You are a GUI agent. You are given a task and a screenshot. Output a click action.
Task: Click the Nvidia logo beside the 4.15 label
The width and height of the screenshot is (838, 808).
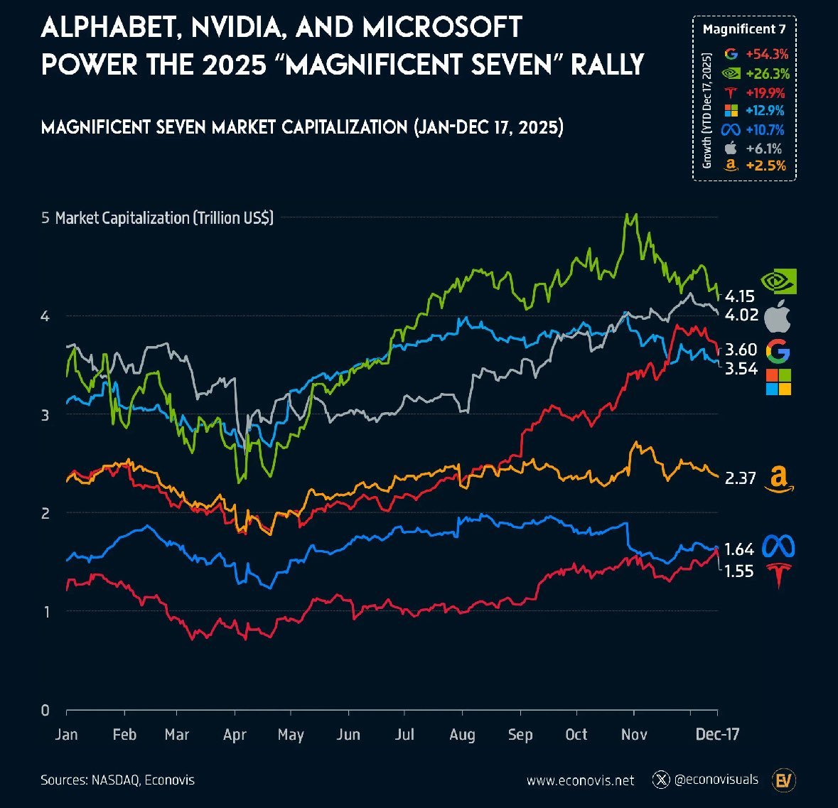[x=778, y=281]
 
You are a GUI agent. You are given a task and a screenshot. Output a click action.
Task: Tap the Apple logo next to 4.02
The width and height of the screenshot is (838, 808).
[x=778, y=316]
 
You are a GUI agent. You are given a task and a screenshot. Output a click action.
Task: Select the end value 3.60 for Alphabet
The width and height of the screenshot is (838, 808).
[x=741, y=350]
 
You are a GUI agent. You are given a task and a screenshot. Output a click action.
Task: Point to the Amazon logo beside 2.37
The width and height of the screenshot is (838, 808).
[x=778, y=480]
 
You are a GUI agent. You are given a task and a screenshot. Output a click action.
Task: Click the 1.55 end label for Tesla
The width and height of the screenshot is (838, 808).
[x=739, y=571]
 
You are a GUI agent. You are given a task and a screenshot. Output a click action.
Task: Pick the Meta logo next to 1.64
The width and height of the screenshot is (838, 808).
[x=778, y=547]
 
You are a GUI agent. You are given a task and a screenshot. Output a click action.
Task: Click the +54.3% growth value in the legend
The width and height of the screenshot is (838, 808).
[x=767, y=54]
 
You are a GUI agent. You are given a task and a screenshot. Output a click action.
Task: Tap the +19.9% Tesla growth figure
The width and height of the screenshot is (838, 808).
[x=766, y=92]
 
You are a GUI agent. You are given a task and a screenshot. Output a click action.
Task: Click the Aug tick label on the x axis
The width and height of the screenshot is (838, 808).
[x=462, y=734]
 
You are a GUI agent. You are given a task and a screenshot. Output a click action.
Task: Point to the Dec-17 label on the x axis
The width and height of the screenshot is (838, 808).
[x=718, y=734]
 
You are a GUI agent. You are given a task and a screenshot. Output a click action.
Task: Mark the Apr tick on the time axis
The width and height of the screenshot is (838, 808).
[x=235, y=734]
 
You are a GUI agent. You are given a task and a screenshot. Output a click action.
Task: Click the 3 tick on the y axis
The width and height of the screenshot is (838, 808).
[x=45, y=414]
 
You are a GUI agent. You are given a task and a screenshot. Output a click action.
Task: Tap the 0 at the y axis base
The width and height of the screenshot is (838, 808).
[x=45, y=709]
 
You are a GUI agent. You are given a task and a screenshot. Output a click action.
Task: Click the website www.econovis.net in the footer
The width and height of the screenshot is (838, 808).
[x=580, y=780]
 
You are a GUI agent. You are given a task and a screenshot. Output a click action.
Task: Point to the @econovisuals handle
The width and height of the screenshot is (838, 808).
[x=716, y=780]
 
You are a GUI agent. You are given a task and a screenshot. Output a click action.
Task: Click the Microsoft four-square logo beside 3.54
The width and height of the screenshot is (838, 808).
[x=778, y=382]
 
